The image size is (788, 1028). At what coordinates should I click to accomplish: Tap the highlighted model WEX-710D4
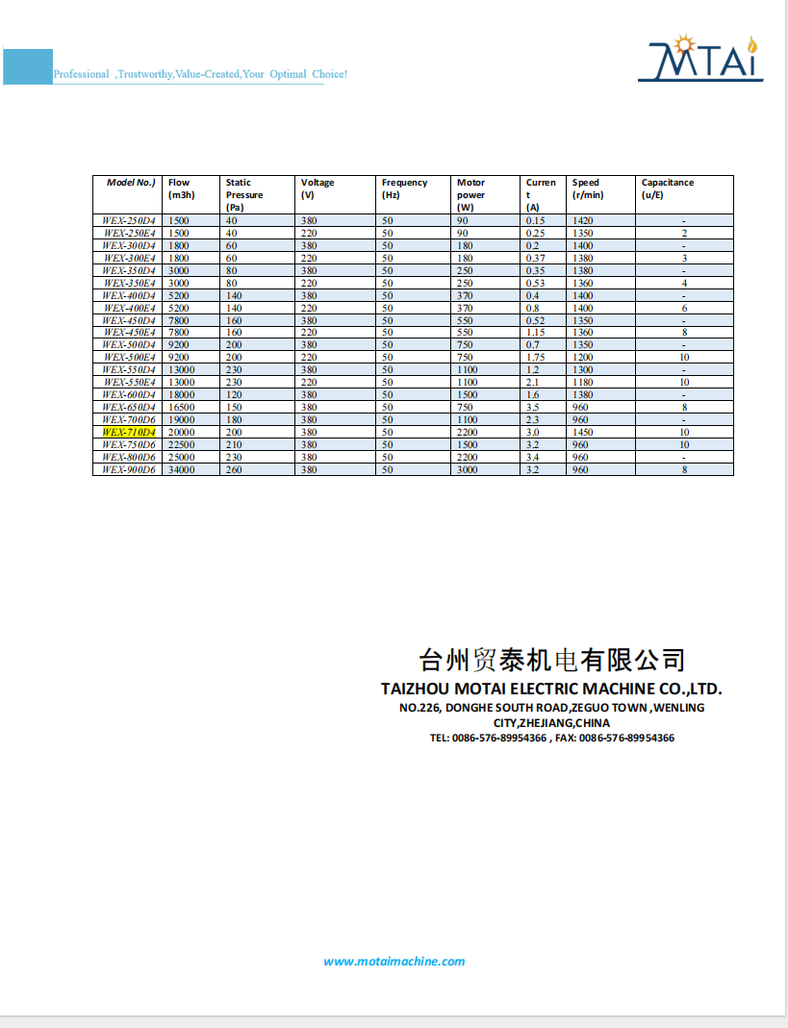click(129, 433)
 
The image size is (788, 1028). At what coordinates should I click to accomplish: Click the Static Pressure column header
click(243, 194)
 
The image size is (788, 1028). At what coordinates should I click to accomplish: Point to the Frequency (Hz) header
click(404, 188)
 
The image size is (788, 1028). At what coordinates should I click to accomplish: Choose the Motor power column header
click(470, 194)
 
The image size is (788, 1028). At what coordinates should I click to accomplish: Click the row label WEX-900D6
click(129, 470)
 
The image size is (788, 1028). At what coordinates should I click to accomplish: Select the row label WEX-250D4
click(129, 221)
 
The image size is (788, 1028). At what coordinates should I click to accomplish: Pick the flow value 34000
click(181, 470)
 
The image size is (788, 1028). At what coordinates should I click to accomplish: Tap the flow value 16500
click(181, 408)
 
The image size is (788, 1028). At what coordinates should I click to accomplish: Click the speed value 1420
click(583, 221)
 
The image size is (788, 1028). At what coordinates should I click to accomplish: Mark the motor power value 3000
click(467, 470)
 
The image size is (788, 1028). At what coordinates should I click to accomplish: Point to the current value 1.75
click(536, 358)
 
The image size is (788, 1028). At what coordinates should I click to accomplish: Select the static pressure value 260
click(234, 470)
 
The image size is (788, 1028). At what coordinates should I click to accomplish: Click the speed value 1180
click(583, 383)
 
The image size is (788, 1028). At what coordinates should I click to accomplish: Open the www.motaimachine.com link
click(394, 962)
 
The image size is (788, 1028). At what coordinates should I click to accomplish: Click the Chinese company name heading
click(553, 660)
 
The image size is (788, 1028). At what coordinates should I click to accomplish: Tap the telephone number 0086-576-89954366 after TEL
click(499, 739)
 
